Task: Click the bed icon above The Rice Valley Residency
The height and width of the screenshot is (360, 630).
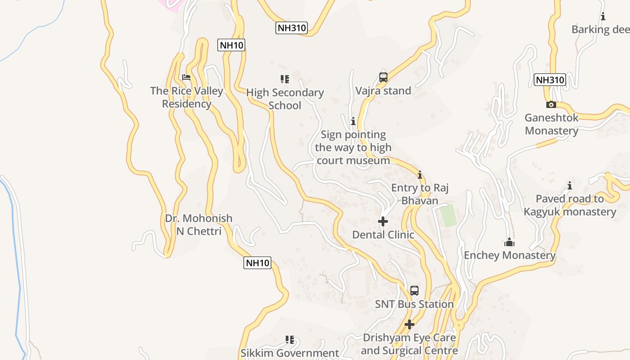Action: [186, 77]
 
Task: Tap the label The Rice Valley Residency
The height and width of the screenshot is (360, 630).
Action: [187, 97]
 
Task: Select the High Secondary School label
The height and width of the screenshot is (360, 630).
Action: [285, 99]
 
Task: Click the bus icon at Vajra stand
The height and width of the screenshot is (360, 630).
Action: [383, 77]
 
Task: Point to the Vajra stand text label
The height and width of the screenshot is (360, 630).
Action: [383, 91]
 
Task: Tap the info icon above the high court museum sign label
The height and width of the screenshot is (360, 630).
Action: [353, 121]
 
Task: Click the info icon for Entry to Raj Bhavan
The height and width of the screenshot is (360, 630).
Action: [420, 175]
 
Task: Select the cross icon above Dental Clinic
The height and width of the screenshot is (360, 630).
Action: [383, 221]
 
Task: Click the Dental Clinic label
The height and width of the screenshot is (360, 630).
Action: [383, 234]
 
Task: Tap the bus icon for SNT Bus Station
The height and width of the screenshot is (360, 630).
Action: [414, 291]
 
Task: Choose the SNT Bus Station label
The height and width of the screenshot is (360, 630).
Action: [414, 304]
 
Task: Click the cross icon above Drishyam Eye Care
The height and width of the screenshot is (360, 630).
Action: [409, 324]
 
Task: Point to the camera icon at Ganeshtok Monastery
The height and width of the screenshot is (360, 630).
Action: [551, 105]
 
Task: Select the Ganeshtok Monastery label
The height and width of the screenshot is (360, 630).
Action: [552, 124]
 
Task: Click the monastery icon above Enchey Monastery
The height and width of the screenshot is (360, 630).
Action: [509, 243]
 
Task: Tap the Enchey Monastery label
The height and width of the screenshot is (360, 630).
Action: [510, 256]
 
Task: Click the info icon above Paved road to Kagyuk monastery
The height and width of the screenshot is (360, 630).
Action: [570, 185]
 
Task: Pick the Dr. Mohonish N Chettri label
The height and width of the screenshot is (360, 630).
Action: [199, 225]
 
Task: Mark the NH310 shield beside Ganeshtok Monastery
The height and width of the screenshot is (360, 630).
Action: [550, 80]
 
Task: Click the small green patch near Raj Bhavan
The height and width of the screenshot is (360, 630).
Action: [448, 216]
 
